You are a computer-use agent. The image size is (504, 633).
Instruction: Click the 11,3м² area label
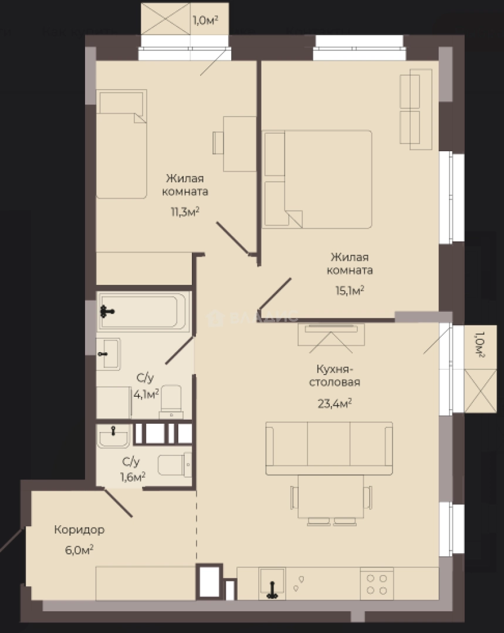click(185, 212)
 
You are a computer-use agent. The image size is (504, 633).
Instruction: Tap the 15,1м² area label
click(350, 290)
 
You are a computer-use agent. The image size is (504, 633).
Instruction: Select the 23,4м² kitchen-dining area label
click(334, 403)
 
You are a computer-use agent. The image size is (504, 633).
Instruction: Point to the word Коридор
click(79, 530)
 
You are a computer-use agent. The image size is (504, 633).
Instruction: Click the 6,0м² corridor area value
click(79, 550)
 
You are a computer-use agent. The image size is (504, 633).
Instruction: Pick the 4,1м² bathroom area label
click(146, 394)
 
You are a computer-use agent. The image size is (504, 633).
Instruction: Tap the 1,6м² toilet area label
click(133, 477)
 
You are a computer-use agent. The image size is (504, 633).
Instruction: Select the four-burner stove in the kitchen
click(377, 584)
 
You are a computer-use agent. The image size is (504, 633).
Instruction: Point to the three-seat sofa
click(329, 448)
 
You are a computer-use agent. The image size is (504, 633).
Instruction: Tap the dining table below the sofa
click(330, 496)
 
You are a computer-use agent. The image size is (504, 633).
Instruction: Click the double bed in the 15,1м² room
click(317, 179)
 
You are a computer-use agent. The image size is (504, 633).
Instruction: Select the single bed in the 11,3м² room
click(121, 144)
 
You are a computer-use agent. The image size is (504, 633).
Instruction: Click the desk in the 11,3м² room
click(239, 144)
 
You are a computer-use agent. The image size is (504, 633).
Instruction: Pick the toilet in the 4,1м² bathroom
click(171, 402)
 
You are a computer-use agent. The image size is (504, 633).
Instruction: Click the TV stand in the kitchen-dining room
click(331, 335)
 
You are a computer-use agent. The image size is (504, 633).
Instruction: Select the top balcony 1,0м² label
click(205, 21)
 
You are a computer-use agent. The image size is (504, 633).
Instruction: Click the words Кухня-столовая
click(334, 376)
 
